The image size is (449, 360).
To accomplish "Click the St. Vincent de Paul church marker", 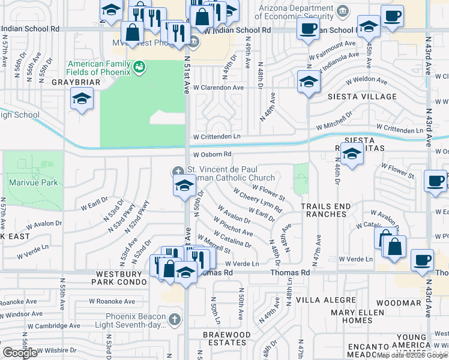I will coord(178,171).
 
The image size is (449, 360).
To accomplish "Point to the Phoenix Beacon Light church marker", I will coord(174,318).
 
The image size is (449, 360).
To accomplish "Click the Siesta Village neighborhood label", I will coord(362,97).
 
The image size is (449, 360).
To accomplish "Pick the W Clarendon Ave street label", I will coord(218,88).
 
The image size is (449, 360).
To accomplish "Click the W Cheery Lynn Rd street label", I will coord(259,203).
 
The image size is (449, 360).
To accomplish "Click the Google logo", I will coord(20,353).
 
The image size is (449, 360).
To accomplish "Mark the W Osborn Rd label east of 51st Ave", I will coord(212,155).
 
